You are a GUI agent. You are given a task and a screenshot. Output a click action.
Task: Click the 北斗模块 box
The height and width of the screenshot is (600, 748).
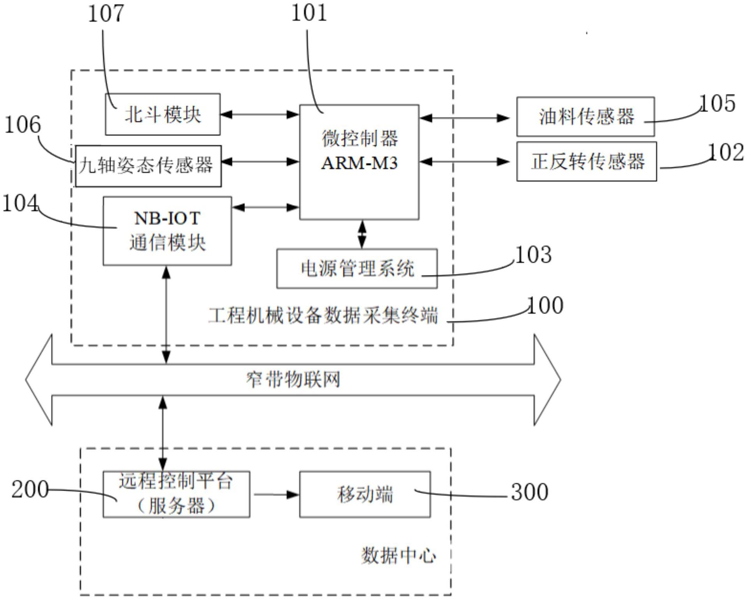click(163, 115)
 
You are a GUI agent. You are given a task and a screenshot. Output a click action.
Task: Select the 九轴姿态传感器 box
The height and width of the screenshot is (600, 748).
click(148, 166)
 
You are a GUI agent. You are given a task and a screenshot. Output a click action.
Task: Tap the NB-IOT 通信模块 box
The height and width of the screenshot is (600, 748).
click(167, 231)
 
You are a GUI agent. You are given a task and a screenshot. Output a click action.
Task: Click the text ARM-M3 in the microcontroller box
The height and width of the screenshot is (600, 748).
click(359, 163)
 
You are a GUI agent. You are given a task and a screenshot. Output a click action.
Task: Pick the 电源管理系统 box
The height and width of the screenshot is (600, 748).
click(357, 269)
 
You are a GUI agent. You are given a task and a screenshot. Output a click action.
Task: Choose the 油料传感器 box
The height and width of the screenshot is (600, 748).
click(585, 117)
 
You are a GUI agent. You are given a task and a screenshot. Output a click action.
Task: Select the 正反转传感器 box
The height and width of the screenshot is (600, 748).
click(587, 161)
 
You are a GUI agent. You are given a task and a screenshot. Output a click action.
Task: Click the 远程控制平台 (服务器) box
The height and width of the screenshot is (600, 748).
click(176, 494)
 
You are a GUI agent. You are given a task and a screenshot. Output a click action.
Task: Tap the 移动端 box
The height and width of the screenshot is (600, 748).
click(365, 494)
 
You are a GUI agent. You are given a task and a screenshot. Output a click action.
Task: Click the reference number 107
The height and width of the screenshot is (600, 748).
click(106, 14)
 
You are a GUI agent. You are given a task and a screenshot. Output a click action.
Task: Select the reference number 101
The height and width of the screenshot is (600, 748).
click(309, 13)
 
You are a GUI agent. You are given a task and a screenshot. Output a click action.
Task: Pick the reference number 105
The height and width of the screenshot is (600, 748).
click(717, 104)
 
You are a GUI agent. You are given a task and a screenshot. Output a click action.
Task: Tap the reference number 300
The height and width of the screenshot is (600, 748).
click(529, 492)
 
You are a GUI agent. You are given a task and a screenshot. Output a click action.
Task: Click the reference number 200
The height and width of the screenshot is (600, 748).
click(30, 489)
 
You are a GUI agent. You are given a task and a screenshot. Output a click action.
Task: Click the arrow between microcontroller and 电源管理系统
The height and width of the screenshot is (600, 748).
click(362, 234)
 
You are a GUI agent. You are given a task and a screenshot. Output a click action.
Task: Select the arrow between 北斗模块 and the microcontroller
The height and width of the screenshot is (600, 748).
click(260, 115)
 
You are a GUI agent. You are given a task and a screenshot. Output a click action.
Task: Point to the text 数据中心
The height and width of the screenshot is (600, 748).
click(398, 555)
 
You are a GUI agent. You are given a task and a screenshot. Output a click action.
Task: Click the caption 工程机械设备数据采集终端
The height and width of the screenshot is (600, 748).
click(323, 315)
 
